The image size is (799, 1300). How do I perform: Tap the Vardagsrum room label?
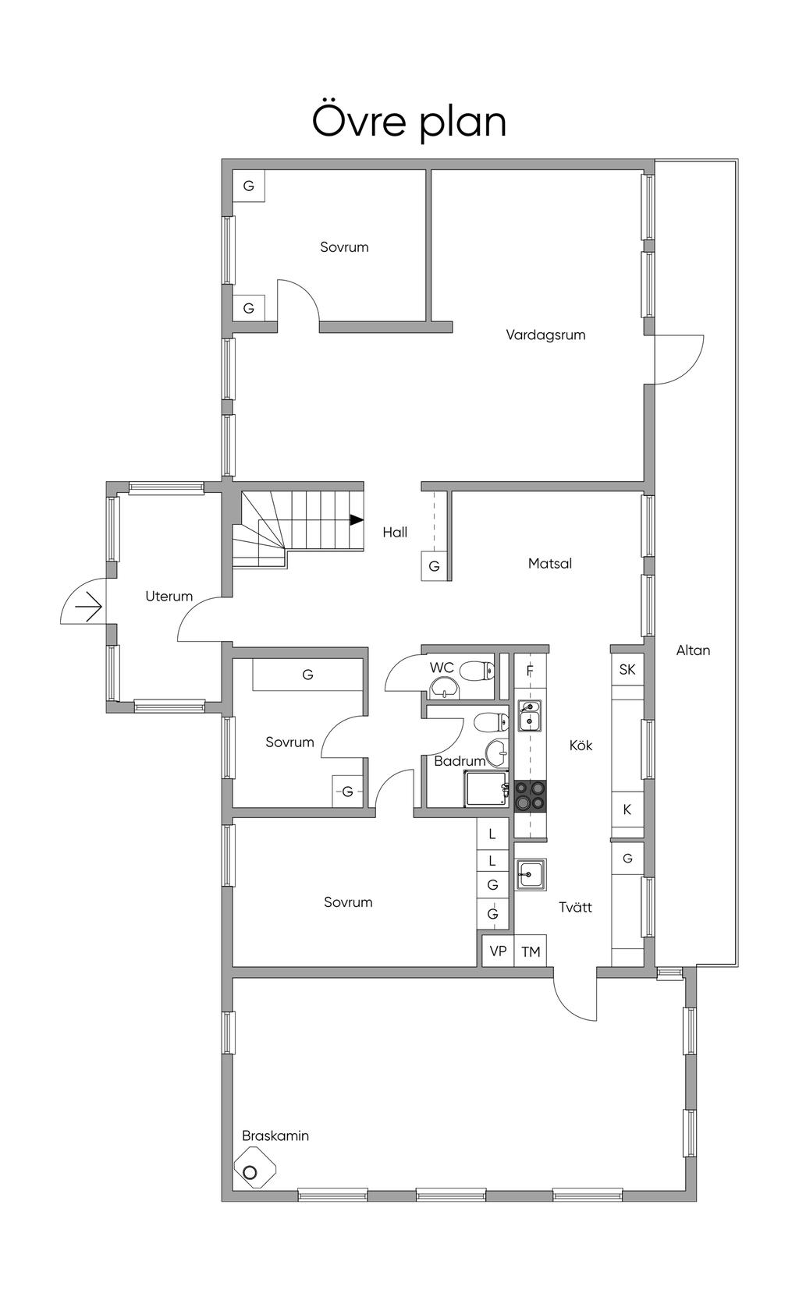click(x=545, y=335)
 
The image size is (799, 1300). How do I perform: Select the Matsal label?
click(x=550, y=563)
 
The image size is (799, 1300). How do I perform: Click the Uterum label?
click(x=169, y=596)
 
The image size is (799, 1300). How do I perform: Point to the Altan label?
click(x=694, y=650)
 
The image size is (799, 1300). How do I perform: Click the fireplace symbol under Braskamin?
click(x=254, y=1172)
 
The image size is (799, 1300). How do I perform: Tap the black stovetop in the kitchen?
click(x=530, y=795)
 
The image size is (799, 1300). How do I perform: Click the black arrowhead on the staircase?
click(x=356, y=519)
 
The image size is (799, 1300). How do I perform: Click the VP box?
click(x=498, y=951)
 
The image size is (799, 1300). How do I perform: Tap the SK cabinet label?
click(x=627, y=670)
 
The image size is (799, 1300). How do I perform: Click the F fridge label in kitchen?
click(x=530, y=671)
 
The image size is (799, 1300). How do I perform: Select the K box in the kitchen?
click(x=627, y=809)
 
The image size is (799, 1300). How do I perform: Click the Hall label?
click(x=395, y=532)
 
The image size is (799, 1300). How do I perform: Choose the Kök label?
click(x=581, y=746)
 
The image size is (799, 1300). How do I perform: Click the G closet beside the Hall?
click(x=434, y=566)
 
